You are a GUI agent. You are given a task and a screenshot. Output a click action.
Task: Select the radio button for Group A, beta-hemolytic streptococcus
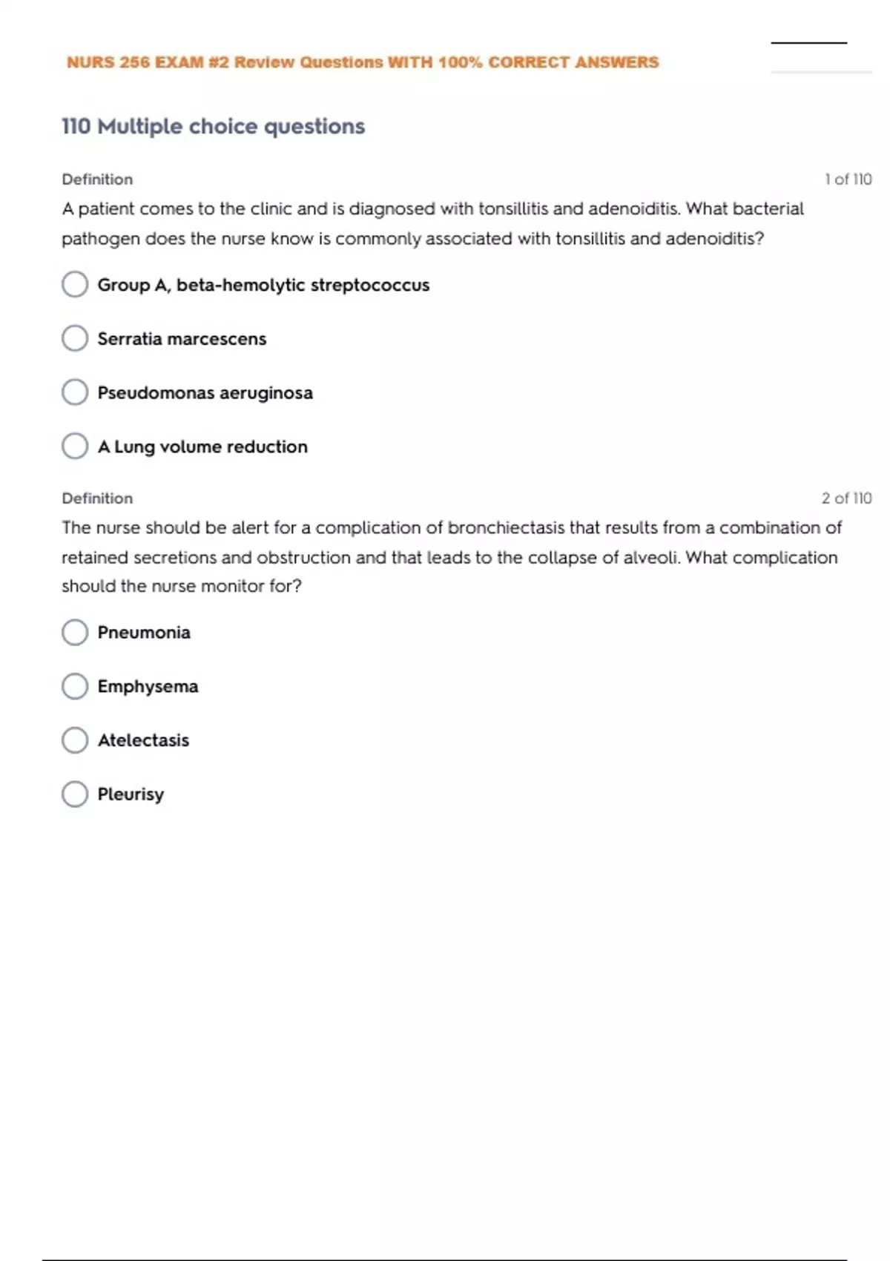click(75, 284)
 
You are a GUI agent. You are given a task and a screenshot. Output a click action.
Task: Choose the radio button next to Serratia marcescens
click(75, 338)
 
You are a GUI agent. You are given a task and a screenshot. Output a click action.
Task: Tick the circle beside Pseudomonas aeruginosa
click(75, 392)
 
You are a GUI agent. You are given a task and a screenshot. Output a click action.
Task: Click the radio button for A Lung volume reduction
click(75, 446)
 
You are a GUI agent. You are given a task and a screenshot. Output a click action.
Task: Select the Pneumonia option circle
click(75, 632)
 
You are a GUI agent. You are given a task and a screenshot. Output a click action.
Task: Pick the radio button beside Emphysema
click(75, 686)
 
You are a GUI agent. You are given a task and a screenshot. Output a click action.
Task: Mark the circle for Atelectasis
click(75, 740)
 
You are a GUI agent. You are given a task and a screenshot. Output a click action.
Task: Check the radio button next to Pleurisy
click(75, 794)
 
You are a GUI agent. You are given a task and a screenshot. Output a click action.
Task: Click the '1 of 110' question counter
click(848, 180)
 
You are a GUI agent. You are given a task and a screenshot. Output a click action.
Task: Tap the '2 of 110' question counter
click(846, 498)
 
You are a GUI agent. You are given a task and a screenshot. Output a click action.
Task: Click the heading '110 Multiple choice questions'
click(213, 127)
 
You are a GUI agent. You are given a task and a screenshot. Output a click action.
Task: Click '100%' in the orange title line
click(460, 62)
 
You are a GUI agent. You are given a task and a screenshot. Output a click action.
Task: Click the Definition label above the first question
click(97, 180)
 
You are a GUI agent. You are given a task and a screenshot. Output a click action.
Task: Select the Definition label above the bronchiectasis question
click(97, 498)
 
